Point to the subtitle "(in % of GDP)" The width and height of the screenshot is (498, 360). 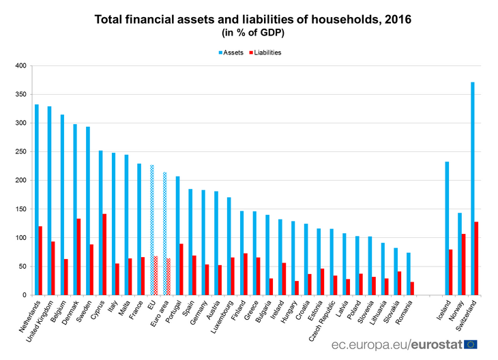click(248, 33)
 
